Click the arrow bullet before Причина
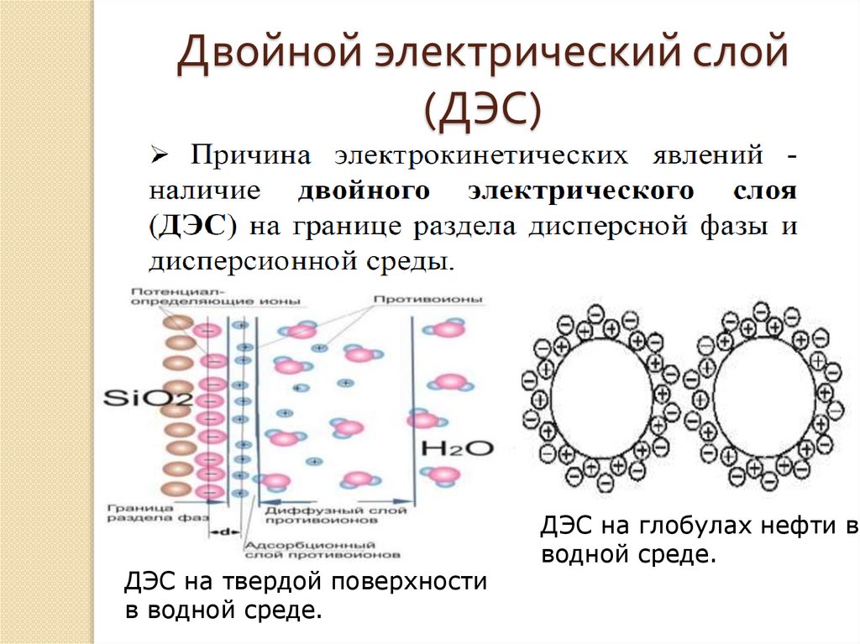[x=160, y=156]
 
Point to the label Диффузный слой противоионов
[x=335, y=515]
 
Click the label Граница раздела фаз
[x=151, y=513]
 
